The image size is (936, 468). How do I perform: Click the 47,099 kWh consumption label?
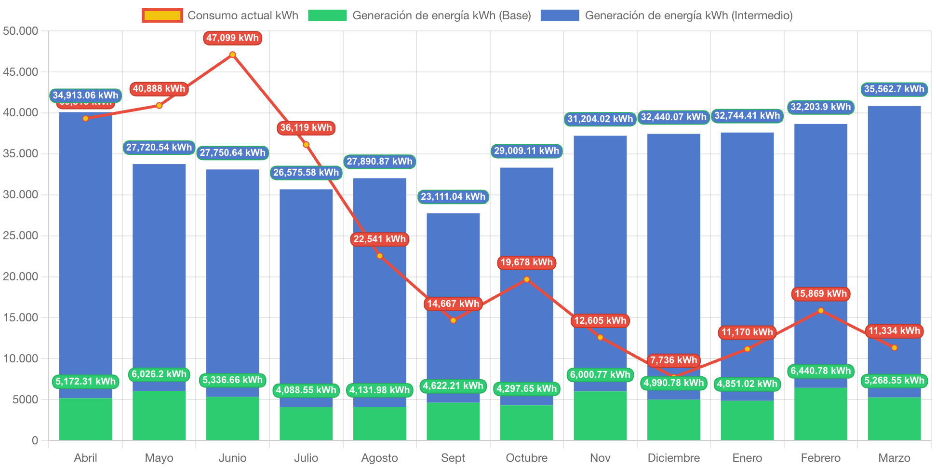coord(232,38)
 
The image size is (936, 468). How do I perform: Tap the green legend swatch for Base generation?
coord(327,15)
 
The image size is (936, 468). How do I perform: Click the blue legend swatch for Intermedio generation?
coord(560,15)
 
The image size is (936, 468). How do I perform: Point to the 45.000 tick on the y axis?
coord(20,72)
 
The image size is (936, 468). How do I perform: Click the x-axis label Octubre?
coord(526,457)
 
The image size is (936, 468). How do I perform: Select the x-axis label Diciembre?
coord(673,457)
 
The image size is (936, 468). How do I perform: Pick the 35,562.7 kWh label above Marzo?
coord(894,89)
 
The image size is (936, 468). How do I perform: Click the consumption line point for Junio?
coord(233,55)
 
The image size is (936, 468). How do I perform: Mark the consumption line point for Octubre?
coord(527,279)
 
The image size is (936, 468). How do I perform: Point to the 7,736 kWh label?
coord(673,360)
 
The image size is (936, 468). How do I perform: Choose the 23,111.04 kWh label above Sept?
coord(453,197)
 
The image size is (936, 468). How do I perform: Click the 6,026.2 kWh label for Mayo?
coord(159,374)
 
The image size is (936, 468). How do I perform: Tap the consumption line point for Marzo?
coord(895,348)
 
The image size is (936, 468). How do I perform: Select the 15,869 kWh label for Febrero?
coord(820,294)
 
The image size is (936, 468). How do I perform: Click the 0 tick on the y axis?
coord(35,440)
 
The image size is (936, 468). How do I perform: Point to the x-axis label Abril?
coord(85,457)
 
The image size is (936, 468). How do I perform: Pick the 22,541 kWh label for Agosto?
coord(380,239)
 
